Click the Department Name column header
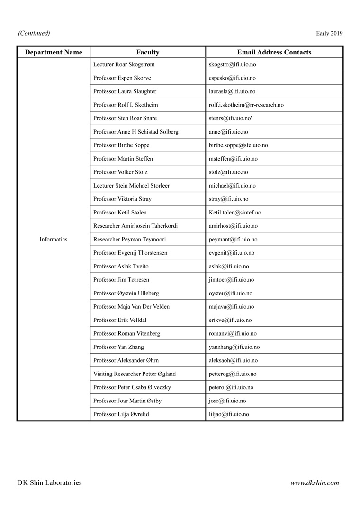[54, 52]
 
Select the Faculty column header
[148, 52]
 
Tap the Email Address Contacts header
[274, 52]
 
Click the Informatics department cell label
[54, 240]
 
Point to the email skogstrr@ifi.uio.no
[232, 64]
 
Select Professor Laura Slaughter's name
[125, 91]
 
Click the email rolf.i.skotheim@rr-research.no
[246, 105]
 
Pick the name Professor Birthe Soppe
[121, 145]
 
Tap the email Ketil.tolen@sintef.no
[235, 213]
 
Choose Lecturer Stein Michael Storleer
[132, 186]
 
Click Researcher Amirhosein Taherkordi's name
[136, 226]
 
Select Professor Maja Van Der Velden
[132, 307]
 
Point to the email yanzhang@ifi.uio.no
[234, 347]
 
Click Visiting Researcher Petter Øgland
[135, 374]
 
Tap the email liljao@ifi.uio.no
[229, 414]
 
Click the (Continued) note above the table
[34, 33]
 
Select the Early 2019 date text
[329, 33]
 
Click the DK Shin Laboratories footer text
[49, 483]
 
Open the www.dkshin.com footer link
[315, 483]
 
